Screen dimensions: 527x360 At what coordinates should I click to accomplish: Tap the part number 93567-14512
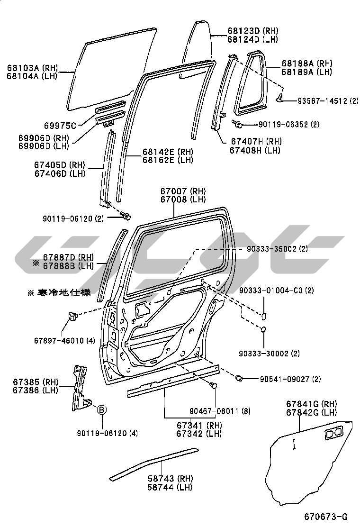click(x=323, y=101)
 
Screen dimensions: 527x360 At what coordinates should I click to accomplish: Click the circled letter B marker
click(x=102, y=410)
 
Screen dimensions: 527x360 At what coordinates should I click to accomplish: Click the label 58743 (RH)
click(x=162, y=479)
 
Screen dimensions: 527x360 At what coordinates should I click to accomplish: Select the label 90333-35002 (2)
click(x=277, y=249)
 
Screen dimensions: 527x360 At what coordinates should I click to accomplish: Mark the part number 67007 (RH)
click(x=176, y=191)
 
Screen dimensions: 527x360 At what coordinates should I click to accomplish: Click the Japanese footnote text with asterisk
click(x=59, y=292)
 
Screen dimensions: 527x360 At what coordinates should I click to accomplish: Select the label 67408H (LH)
click(x=255, y=150)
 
